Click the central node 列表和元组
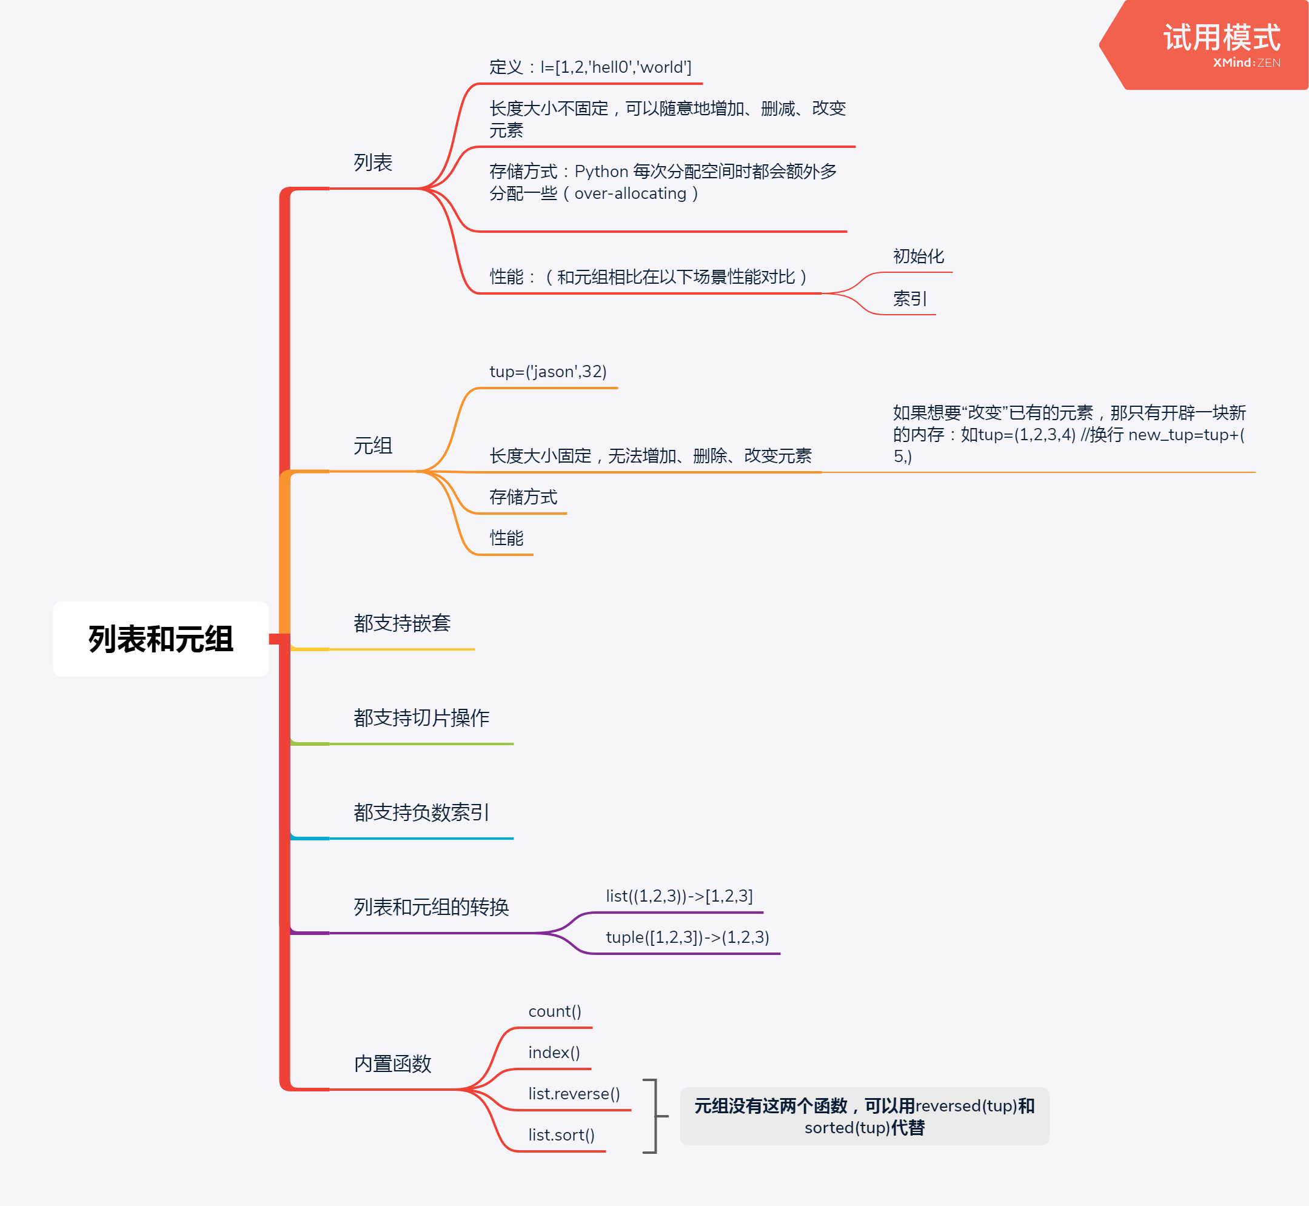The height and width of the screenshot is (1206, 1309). click(161, 639)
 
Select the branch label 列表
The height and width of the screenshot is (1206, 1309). click(373, 162)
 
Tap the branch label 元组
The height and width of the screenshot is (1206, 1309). click(373, 446)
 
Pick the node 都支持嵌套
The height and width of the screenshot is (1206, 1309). click(401, 623)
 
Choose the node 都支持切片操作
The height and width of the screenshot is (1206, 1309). click(421, 718)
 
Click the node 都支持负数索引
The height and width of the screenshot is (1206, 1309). click(421, 812)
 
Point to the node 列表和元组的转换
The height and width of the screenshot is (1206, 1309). click(430, 907)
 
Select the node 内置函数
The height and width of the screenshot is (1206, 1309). click(392, 1064)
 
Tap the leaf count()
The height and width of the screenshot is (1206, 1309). click(555, 1011)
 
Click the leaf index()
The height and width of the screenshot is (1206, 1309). click(554, 1053)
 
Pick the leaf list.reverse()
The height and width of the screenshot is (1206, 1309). click(574, 1094)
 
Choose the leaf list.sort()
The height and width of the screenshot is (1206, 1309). click(561, 1135)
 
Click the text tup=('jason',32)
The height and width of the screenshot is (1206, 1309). click(547, 371)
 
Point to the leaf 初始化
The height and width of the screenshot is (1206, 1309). click(918, 256)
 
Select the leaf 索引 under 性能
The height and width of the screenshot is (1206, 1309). click(909, 299)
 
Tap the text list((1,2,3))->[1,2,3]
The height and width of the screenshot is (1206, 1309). click(678, 896)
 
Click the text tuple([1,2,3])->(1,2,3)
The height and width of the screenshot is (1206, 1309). click(687, 937)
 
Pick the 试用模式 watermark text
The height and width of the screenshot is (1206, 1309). click(1222, 38)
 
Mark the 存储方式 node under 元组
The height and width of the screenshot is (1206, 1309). click(523, 497)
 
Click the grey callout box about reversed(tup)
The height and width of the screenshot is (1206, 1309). click(864, 1116)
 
